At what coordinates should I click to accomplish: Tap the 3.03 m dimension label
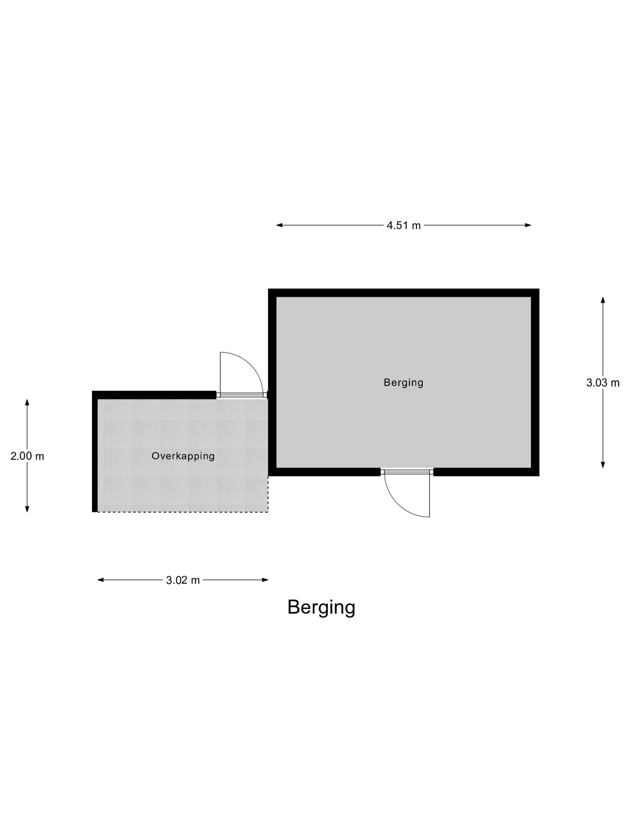point(603,383)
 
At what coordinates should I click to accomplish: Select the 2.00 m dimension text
point(27,456)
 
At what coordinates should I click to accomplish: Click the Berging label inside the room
point(403,382)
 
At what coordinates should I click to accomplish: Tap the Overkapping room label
point(183,456)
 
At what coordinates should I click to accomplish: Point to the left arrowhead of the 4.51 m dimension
point(279,225)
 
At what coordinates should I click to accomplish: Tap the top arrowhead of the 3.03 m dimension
point(603,300)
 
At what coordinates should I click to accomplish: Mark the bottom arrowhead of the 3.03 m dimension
point(603,465)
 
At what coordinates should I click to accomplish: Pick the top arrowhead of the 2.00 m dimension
point(27,402)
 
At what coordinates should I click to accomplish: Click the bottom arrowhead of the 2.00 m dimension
point(27,509)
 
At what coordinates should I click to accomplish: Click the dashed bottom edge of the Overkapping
point(183,512)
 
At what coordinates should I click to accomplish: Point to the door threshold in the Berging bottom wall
point(407,472)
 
